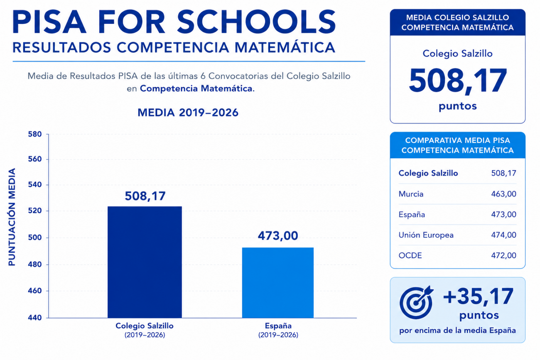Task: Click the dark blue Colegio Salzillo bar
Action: click(145, 262)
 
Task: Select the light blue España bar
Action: click(278, 282)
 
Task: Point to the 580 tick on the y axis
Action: click(35, 134)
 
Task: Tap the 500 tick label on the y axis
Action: click(35, 238)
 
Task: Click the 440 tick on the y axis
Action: click(35, 318)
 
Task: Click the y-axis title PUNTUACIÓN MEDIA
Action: click(12, 217)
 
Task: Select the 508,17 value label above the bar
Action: click(145, 196)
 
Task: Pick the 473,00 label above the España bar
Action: click(278, 236)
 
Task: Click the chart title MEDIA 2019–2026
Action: click(188, 113)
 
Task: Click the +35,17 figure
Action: click(478, 296)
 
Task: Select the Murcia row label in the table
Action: click(411, 194)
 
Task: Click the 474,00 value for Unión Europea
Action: click(504, 235)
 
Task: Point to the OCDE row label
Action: click(410, 255)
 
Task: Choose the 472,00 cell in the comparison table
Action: click(504, 255)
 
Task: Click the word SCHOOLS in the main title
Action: click(256, 22)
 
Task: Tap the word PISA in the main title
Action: click(49, 22)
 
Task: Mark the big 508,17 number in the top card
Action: click(457, 81)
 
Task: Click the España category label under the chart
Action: click(278, 326)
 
